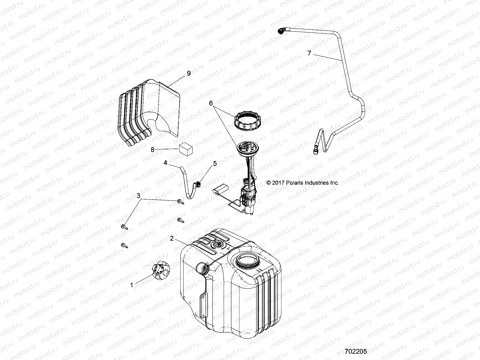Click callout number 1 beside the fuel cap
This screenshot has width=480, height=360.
pyautogui.click(x=131, y=285)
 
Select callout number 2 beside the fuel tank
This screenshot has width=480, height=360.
pyautogui.click(x=172, y=238)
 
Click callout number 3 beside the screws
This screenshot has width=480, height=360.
pyautogui.click(x=138, y=196)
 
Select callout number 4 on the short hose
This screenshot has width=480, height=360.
pyautogui.click(x=165, y=163)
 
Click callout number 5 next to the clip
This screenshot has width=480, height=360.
pyautogui.click(x=215, y=163)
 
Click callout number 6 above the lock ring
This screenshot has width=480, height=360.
pyautogui.click(x=211, y=103)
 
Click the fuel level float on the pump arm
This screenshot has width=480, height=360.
pyautogui.click(x=220, y=191)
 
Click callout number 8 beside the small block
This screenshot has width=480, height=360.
pyautogui.click(x=152, y=149)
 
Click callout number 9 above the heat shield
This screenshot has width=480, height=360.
pyautogui.click(x=188, y=73)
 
